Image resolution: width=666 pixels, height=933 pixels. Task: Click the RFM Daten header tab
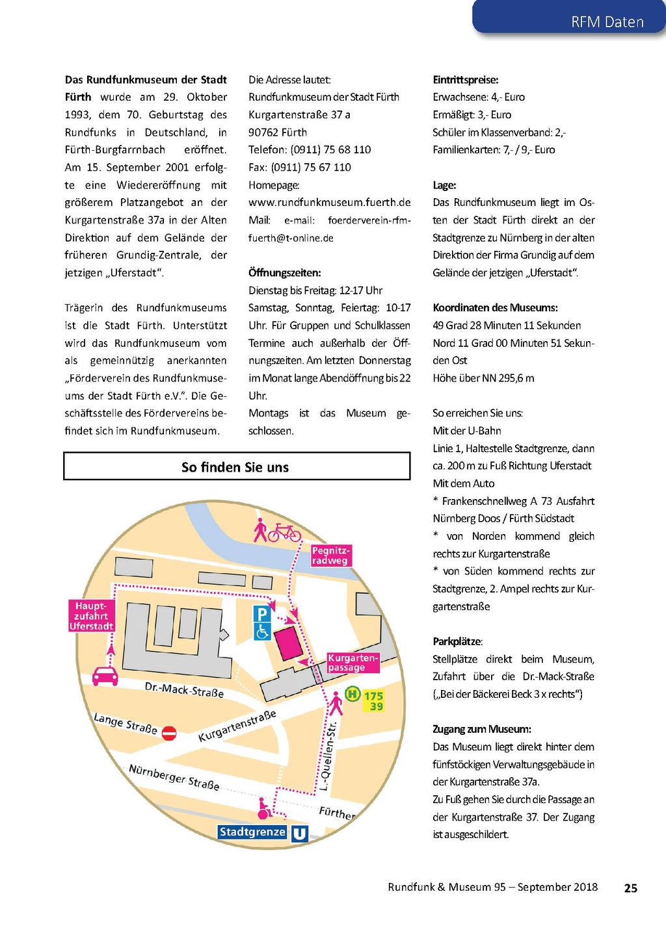[606, 21]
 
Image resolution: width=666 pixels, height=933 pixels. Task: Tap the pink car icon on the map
[105, 676]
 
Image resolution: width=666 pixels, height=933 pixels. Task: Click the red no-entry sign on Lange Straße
[169, 734]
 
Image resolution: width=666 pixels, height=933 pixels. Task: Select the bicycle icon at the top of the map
[285, 533]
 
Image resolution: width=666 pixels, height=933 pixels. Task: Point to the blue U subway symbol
[299, 834]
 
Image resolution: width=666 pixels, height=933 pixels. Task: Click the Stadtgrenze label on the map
[252, 832]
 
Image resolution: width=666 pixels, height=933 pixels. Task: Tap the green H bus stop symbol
[352, 694]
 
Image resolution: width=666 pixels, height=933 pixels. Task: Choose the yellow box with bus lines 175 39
[373, 701]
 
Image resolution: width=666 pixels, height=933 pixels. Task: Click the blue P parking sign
[262, 614]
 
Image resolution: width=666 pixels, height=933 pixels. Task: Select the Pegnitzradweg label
[330, 556]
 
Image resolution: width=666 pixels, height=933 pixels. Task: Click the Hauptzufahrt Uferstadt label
[91, 616]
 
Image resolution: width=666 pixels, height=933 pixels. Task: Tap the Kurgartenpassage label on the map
[352, 663]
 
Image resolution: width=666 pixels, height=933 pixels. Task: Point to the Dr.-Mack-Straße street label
[184, 690]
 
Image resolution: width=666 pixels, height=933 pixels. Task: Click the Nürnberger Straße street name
[174, 777]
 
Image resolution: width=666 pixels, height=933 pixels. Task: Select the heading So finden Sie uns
[235, 467]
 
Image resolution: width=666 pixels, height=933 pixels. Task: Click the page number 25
[630, 888]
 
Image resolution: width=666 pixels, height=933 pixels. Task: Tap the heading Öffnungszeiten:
[284, 273]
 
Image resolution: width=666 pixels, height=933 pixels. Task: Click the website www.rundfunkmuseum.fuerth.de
[329, 203]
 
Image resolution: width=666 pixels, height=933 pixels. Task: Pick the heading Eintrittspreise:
[465, 80]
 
